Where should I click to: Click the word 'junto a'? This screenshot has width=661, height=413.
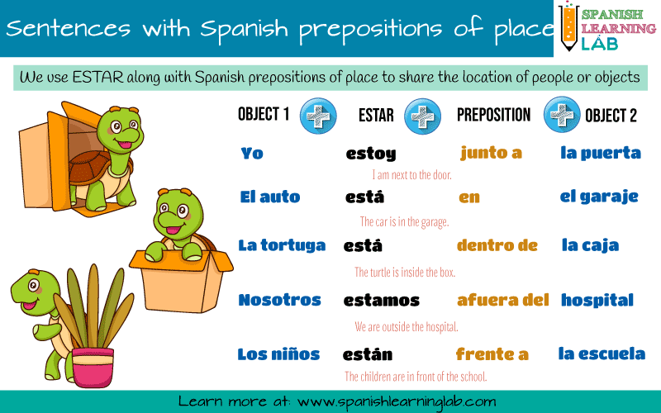pos(491,153)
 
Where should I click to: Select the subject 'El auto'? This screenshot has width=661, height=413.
pos(269,197)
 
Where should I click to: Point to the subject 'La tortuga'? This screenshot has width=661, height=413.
pos(282,245)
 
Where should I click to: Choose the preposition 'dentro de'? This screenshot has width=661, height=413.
pos(497,245)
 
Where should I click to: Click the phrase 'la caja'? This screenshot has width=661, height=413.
pos(590,245)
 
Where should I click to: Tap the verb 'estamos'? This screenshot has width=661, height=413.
pos(381,301)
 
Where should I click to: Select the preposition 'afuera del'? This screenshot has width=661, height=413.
pos(502,300)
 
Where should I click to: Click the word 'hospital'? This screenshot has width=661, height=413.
pos(597,300)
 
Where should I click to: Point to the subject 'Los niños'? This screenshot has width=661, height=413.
pos(278,354)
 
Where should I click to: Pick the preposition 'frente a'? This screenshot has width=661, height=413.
pos(492,354)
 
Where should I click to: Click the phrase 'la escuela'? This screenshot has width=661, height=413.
pos(602,354)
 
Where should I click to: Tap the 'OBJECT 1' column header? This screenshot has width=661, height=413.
pos(264,115)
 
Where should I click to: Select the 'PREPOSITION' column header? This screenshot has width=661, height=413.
pos(494,116)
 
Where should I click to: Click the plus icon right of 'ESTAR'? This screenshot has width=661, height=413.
pos(421,116)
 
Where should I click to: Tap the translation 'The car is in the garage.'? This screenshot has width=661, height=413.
pos(404,221)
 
